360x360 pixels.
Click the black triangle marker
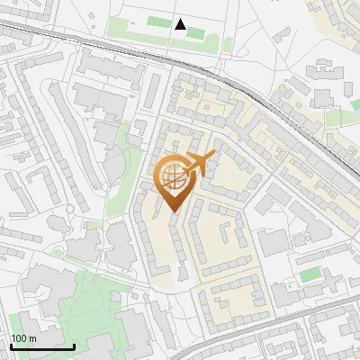pyautogui.click(x=181, y=24)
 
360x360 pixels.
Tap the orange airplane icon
pyautogui.click(x=198, y=165)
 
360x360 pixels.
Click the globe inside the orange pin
pyautogui.click(x=173, y=177)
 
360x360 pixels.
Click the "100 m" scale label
pyautogui.click(x=23, y=338)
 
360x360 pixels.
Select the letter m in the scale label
pyautogui.click(x=32, y=338)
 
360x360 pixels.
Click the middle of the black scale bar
pyautogui.click(x=42, y=346)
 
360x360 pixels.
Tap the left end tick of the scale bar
pyautogui.click(x=11, y=345)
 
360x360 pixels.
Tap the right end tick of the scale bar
pyautogui.click(x=74, y=345)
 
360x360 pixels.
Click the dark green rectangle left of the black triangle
pyautogui.click(x=156, y=21)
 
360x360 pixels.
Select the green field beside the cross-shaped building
pyautogui.click(x=310, y=274)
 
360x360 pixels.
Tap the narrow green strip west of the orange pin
pyautogui.click(x=114, y=193)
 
